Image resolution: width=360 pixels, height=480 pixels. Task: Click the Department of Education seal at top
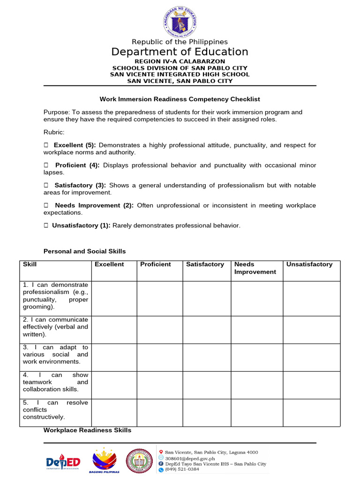180,20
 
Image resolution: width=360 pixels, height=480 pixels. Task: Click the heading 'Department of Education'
180,52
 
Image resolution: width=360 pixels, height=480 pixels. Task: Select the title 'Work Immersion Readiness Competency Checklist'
180,99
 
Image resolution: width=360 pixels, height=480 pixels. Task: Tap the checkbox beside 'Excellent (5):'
46,145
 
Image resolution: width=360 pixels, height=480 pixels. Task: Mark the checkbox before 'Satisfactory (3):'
46,186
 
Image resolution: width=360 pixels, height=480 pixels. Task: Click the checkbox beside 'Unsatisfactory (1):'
46,226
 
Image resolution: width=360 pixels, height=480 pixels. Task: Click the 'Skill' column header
30,264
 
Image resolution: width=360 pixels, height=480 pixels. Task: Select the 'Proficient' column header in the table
156,264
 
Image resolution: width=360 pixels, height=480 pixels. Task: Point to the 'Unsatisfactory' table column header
309,264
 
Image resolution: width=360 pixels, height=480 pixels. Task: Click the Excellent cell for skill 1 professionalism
114,299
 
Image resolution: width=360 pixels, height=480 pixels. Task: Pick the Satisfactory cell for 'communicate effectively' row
206,330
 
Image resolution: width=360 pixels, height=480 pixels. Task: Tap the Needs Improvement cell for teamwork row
256,385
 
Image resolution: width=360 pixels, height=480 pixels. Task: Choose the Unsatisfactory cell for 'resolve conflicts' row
311,412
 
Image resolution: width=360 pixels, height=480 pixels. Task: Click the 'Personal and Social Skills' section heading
84,252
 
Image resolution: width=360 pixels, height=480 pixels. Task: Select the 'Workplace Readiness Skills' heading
87,430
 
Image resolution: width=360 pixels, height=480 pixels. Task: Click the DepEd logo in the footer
63,463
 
